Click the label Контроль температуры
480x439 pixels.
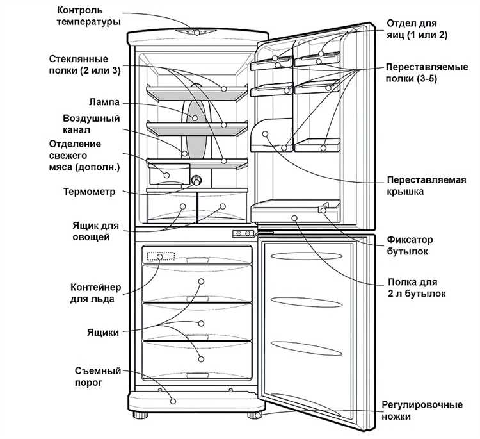pos(88,16)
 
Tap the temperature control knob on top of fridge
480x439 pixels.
pos(197,32)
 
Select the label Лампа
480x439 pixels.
pos(104,102)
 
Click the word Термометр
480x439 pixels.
pos(89,192)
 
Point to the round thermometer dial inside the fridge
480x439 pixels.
pos(196,180)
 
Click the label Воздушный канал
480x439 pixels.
pos(92,124)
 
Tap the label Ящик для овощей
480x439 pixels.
pos(95,231)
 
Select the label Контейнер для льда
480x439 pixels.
pos(95,293)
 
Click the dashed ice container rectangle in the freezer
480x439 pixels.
pos(161,256)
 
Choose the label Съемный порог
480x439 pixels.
pos(98,377)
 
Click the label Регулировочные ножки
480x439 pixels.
pos(422,411)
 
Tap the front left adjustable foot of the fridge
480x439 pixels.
pos(140,415)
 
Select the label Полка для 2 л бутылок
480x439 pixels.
pos(417,288)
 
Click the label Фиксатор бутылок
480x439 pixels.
pos(410,245)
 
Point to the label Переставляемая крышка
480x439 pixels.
pos(426,185)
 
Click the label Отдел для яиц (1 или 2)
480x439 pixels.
pos(417,29)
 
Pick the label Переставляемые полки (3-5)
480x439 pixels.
pos(427,72)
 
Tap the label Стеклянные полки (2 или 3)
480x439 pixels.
pos(84,65)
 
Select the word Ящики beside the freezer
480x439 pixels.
pos(103,333)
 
